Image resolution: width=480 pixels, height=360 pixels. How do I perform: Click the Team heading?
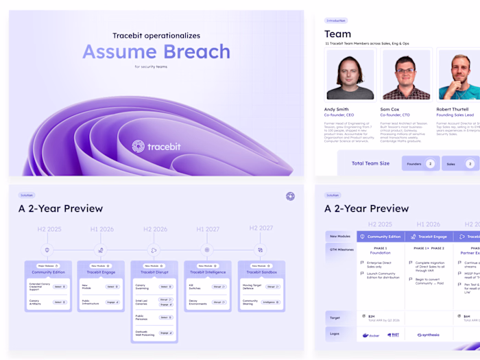[337, 34]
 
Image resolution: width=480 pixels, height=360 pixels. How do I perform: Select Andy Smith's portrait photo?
[350, 75]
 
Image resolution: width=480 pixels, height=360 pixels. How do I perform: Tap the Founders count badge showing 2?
[430, 164]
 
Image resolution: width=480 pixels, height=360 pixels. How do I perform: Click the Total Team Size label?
[370, 164]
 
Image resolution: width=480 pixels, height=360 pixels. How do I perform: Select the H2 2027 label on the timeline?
[261, 228]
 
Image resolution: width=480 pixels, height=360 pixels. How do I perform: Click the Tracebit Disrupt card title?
[154, 273]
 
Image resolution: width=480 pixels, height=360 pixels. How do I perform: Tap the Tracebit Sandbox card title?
[261, 273]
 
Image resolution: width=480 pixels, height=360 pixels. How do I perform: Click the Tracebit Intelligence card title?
[207, 273]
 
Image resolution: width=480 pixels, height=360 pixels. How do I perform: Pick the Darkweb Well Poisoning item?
[145, 333]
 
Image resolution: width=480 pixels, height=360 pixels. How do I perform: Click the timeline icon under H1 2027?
[207, 250]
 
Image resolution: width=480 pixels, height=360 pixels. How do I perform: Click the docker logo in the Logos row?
[370, 335]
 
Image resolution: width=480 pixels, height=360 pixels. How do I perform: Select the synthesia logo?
[429, 335]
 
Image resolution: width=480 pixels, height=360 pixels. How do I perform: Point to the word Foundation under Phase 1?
[381, 253]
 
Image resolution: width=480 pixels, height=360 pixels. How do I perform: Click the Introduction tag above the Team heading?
[335, 21]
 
